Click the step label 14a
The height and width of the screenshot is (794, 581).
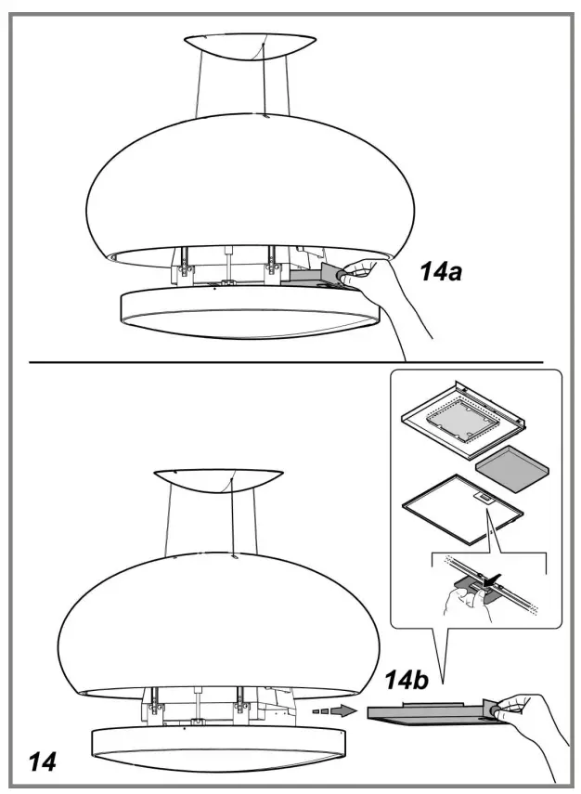pyautogui.click(x=441, y=272)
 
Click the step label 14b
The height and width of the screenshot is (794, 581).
pyautogui.click(x=407, y=680)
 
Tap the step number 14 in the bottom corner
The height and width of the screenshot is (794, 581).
pyautogui.click(x=43, y=762)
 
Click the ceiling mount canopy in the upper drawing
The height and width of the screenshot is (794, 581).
pyautogui.click(x=250, y=46)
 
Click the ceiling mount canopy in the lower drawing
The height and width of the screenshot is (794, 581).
pyautogui.click(x=218, y=480)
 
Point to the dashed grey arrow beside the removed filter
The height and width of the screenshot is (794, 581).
pyautogui.click(x=334, y=710)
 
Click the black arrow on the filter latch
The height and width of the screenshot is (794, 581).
pyautogui.click(x=493, y=579)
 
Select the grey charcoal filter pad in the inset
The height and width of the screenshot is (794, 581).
pyautogui.click(x=512, y=469)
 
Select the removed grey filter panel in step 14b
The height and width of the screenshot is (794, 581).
pyautogui.click(x=431, y=713)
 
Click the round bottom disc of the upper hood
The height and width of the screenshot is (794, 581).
pyautogui.click(x=250, y=312)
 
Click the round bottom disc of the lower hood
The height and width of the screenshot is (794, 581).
pyautogui.click(x=218, y=749)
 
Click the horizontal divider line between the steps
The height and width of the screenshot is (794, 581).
pyautogui.click(x=286, y=362)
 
